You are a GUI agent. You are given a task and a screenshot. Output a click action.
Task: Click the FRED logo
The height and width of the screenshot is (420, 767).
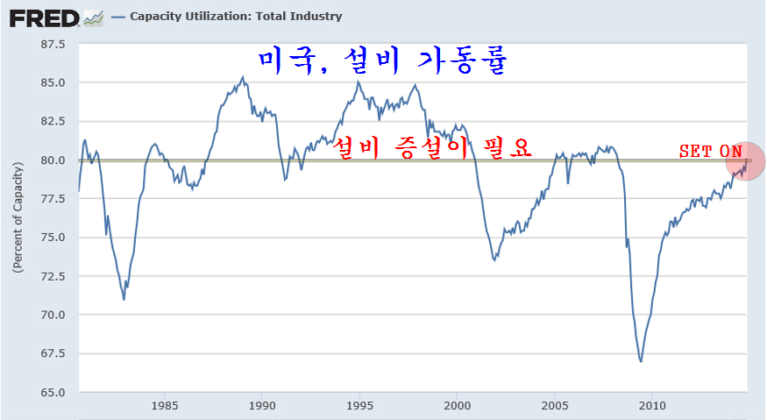click(x=46, y=16)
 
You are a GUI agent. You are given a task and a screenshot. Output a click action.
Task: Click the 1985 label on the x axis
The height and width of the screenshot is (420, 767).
click(x=166, y=405)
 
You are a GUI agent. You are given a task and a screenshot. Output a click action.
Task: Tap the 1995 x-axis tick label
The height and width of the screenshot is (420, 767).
click(x=359, y=405)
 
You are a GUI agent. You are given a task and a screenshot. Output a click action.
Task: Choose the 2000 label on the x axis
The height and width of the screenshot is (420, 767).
click(x=457, y=405)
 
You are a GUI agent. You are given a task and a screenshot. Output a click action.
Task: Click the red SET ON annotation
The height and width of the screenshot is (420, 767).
click(x=710, y=151)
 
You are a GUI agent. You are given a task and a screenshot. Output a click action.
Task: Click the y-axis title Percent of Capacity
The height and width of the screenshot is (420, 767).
click(x=18, y=217)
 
